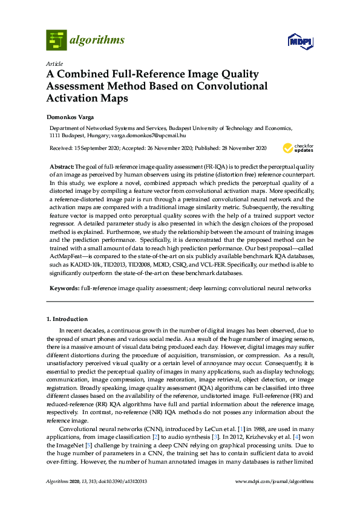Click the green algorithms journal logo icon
click(x=56, y=40)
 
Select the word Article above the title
click(x=53, y=63)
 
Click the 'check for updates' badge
click(x=296, y=148)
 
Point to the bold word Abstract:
click(x=62, y=166)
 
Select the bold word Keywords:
click(x=64, y=289)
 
